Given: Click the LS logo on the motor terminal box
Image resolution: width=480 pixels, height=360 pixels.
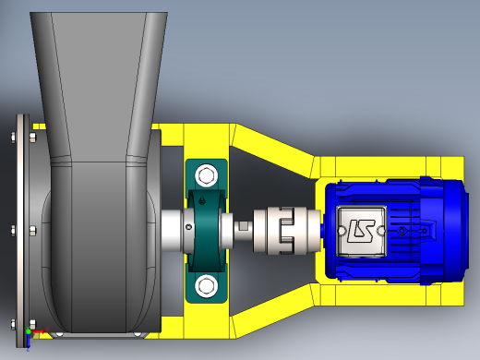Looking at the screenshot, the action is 361,231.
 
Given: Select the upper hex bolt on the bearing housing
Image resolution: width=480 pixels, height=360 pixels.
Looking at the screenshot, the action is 206,175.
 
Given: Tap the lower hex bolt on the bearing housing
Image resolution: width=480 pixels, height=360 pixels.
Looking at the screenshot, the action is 206,286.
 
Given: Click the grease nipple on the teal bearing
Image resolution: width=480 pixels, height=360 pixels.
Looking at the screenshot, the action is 201,201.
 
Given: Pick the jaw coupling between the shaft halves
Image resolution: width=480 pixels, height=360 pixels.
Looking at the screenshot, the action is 287,231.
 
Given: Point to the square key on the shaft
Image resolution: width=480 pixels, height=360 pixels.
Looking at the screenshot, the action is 244,226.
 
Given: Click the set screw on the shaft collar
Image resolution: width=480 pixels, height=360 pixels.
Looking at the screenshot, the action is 189,227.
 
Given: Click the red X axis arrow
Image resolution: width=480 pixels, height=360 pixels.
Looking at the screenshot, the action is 38,331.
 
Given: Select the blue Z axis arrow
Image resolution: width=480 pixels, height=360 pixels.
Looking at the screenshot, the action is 28,341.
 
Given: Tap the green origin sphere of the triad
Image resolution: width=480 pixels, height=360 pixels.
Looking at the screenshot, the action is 29,331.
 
